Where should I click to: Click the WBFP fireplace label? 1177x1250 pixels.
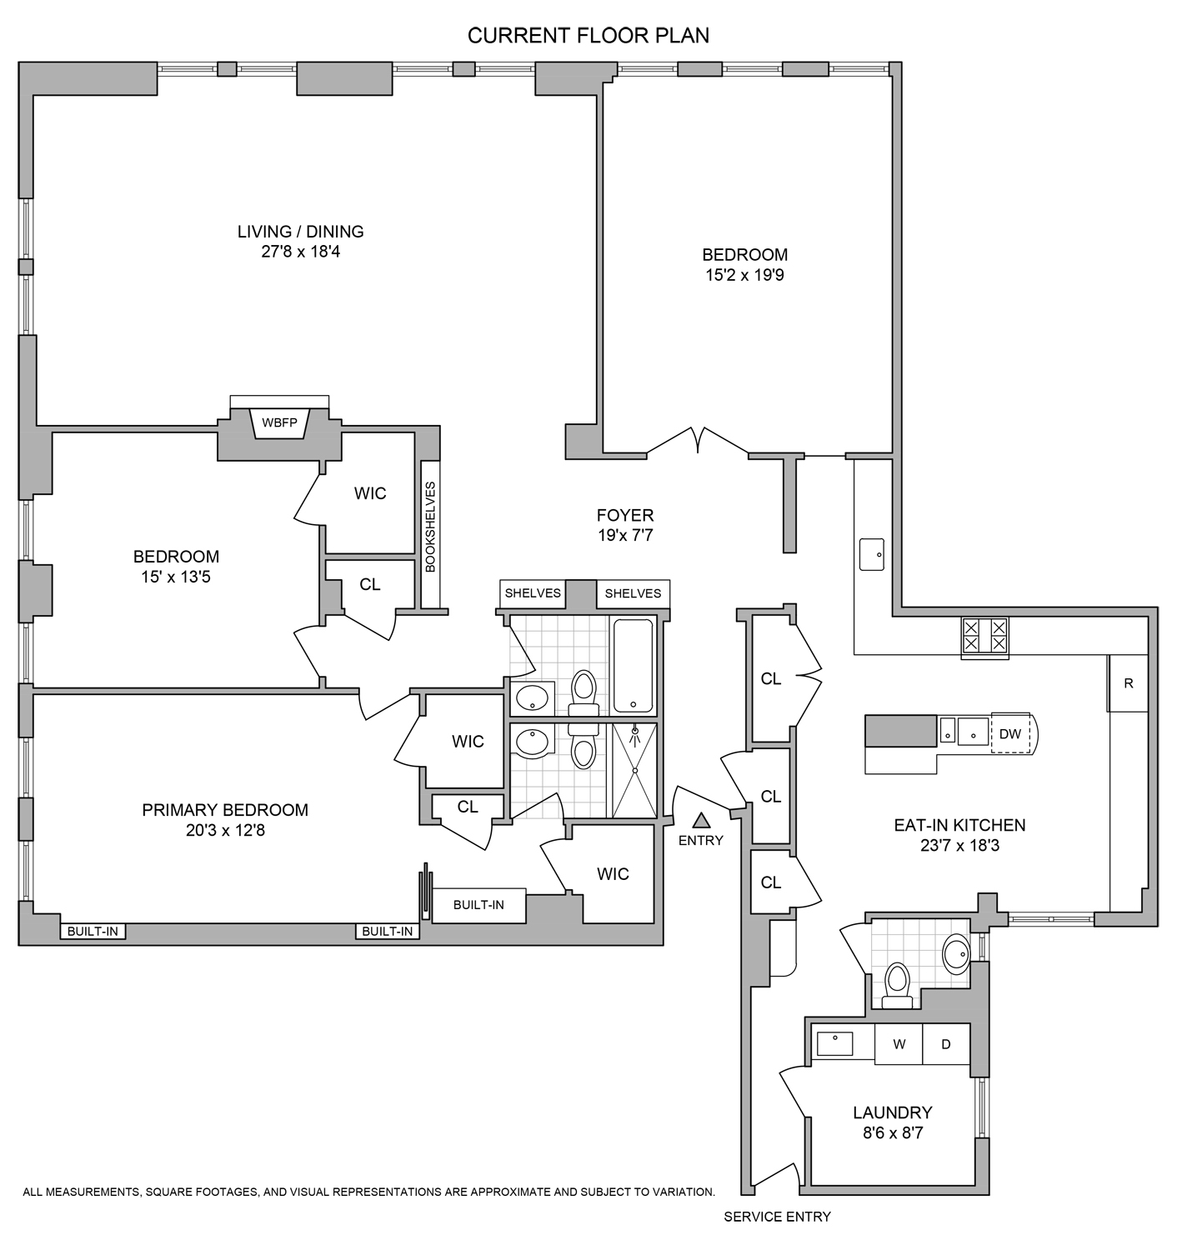coord(279,422)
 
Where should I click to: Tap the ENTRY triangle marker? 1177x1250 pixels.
coord(701,820)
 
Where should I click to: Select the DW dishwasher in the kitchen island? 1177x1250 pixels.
coord(1009,734)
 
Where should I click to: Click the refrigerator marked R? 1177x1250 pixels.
coord(1129,683)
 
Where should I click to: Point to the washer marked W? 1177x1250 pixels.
coord(899,1044)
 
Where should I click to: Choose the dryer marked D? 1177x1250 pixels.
coord(946,1044)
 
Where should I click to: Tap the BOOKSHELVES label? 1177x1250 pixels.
coord(430,527)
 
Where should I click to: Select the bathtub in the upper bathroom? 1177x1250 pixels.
coord(634,665)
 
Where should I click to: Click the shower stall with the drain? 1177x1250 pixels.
coord(635,771)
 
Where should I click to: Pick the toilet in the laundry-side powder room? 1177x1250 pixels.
coord(897,985)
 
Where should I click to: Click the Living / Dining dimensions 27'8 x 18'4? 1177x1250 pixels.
coord(300,251)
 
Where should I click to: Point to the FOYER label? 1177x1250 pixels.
coord(625,516)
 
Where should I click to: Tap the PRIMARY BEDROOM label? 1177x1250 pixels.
coord(225,810)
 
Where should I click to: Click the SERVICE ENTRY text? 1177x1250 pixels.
coord(777,1217)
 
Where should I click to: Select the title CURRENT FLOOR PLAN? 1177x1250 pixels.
coord(588,36)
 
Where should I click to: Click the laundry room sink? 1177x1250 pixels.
coord(834,1043)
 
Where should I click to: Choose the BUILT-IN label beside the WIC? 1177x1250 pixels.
coord(478,905)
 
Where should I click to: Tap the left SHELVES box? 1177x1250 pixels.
coord(533,593)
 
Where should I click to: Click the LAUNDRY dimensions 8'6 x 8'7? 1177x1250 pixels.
coord(892,1133)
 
